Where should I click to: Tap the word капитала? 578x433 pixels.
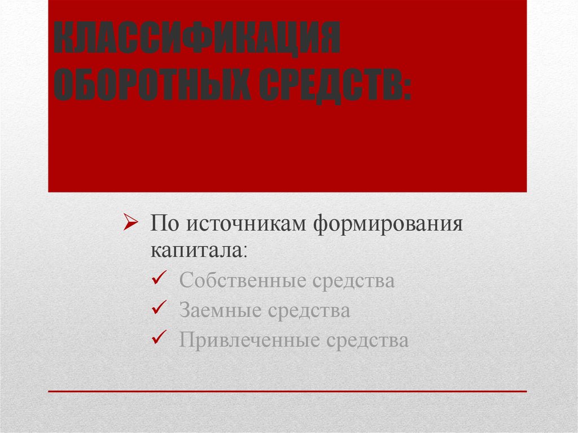point(198,250)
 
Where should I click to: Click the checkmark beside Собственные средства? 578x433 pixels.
point(158,278)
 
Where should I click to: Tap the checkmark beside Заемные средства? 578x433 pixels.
point(158,308)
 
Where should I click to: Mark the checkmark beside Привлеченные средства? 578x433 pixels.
point(158,338)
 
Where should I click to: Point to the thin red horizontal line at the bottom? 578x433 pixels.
point(287,391)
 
